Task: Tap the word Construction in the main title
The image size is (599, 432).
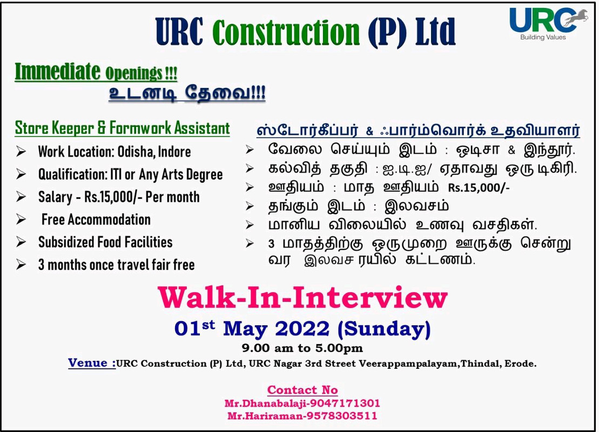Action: point(286,32)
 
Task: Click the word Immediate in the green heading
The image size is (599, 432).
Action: point(57,71)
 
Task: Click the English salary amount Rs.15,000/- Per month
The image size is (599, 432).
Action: point(142,197)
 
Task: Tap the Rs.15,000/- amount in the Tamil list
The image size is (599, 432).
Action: point(479,187)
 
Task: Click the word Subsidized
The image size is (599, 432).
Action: point(66,242)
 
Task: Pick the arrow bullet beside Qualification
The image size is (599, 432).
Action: point(21,174)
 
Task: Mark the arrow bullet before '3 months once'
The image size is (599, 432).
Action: point(21,264)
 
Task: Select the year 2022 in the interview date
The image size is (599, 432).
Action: point(302,329)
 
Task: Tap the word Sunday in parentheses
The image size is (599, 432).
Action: point(385,329)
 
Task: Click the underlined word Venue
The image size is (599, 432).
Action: point(92,363)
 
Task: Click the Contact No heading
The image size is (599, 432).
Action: point(302,390)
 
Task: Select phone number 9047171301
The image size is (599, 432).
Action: point(345,403)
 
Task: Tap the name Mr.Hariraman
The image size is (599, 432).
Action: point(264,416)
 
